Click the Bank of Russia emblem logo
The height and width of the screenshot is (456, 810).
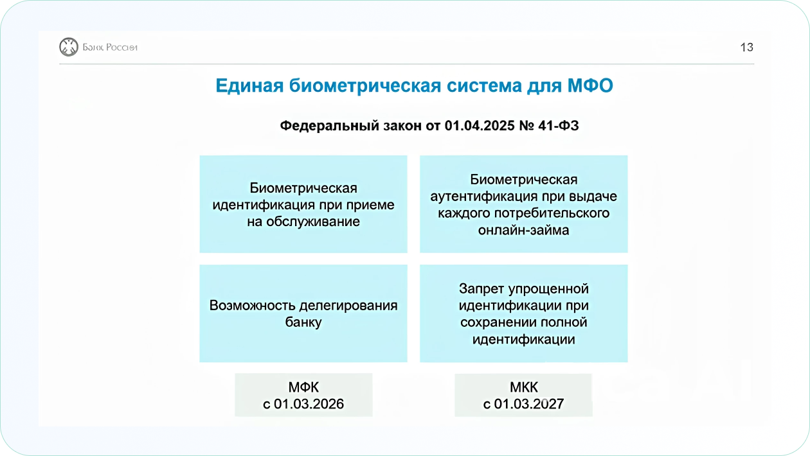(69, 47)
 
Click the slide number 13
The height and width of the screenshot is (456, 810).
(747, 48)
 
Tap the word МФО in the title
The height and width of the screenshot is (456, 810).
(590, 85)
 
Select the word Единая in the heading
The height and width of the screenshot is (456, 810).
(249, 86)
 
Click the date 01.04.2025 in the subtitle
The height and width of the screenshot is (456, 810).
(480, 126)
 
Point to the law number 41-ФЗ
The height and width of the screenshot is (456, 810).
(558, 126)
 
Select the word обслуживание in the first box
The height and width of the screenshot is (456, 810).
(313, 222)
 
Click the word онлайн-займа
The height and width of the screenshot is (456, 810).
(523, 230)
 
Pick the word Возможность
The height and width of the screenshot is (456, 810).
(253, 306)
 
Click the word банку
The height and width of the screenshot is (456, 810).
(303, 322)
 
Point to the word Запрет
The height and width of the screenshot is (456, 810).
(482, 289)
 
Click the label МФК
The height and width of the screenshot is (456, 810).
(303, 387)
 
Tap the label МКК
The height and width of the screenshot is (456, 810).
(523, 387)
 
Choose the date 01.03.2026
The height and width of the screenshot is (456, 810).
(309, 404)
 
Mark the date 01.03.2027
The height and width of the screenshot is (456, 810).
(529, 404)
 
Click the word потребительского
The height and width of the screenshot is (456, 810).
(552, 213)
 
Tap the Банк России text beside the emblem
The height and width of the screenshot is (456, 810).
(110, 48)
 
